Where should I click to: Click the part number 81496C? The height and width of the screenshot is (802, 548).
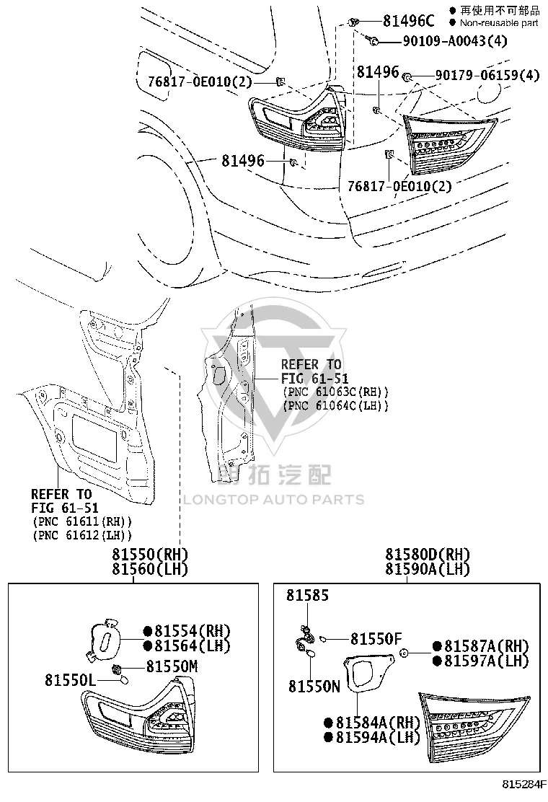click(408, 21)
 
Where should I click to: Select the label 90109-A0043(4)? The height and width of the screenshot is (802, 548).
click(455, 41)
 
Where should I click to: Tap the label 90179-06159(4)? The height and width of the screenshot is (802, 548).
click(487, 75)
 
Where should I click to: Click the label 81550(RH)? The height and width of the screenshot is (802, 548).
click(150, 555)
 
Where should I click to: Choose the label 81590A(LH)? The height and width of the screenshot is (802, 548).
click(428, 569)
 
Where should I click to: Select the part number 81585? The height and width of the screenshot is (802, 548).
click(307, 595)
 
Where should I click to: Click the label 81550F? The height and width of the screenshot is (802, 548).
click(376, 639)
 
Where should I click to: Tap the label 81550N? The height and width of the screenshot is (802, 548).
click(314, 687)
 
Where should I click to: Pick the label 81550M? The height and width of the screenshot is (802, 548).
click(172, 666)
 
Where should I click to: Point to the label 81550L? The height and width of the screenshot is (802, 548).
click(70, 680)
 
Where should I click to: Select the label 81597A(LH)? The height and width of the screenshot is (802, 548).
click(486, 661)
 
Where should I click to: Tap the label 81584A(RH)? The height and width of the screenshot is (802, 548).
click(378, 723)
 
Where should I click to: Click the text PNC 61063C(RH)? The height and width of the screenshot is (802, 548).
click(335, 392)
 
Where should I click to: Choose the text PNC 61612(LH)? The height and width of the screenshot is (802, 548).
click(82, 536)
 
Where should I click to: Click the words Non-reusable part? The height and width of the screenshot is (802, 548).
click(499, 22)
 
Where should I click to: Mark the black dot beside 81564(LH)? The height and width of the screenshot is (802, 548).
click(148, 646)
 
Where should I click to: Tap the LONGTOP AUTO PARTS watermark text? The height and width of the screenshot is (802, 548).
click(274, 500)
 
